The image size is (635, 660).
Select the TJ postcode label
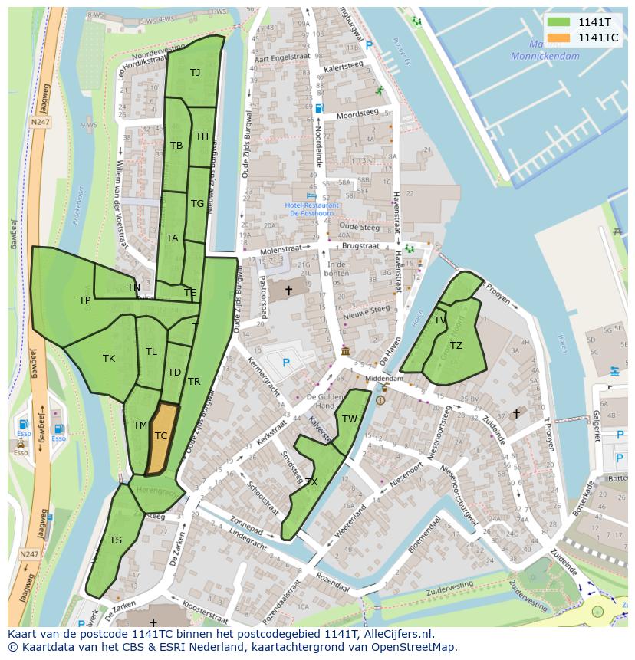[x=195, y=73]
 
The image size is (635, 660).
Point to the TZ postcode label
[x=456, y=346]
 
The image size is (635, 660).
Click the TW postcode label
[x=350, y=419]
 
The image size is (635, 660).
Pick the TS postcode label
[x=115, y=540]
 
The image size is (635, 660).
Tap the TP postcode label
[x=84, y=300]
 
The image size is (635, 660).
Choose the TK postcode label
[x=109, y=358]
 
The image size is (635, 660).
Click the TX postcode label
[x=311, y=482]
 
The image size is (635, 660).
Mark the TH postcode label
[x=202, y=136]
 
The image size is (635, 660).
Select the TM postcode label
[x=140, y=425]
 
